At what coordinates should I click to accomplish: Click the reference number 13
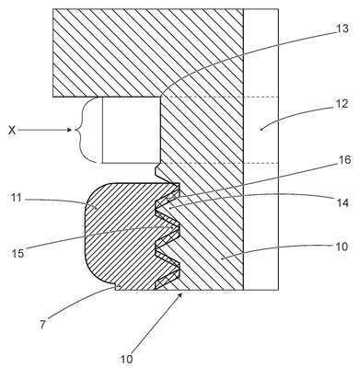pos(343,29)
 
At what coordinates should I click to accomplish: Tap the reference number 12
pos(343,104)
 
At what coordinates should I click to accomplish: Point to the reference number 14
pos(343,202)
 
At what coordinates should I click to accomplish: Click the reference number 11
pos(15,199)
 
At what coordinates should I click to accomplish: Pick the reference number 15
pos(17,253)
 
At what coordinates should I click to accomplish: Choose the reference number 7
pos(42,325)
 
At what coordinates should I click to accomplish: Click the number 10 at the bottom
pos(126,359)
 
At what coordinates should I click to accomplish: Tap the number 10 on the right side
pos(341,246)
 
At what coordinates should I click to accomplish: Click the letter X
pos(12,131)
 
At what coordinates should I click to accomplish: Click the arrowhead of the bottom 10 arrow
pos(181,295)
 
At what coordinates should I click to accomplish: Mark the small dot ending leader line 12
pos(261,130)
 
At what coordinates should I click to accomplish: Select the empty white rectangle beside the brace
pos(132,130)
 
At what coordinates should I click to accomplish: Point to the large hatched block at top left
pos(148,52)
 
